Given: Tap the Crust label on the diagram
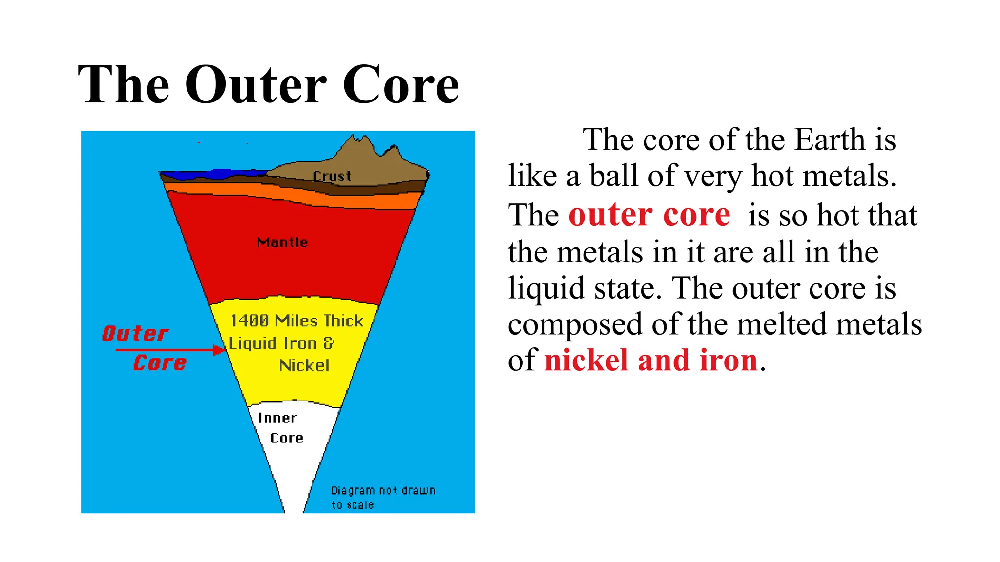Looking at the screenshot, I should pos(332,176).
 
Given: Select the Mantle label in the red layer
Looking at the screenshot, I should pos(282,242).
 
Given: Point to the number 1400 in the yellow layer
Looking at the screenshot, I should pos(250,321).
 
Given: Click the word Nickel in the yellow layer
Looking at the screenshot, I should pos(304,365).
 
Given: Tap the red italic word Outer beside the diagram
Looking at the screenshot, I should pos(135,334).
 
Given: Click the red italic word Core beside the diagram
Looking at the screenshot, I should pos(160,363).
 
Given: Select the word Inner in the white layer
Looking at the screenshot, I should pos(277,418).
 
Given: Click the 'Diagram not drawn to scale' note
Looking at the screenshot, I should pos(382,497).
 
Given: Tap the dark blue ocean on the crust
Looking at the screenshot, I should pos(225,174).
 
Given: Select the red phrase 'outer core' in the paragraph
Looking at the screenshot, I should pos(649,215).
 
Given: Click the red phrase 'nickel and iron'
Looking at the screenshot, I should pos(651,361).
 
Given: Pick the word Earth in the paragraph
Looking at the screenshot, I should pos(830,140).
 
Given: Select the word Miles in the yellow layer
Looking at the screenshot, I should pos(296,321).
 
